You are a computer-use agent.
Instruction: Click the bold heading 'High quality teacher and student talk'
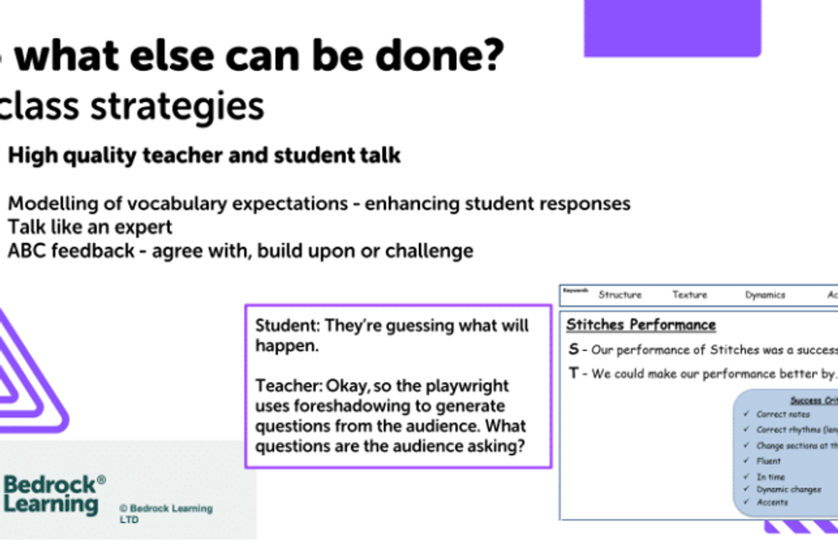coord(204,155)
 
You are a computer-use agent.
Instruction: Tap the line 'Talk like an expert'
coord(91,227)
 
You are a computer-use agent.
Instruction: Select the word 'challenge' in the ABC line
coord(435,251)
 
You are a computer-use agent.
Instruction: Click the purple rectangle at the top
coord(672,27)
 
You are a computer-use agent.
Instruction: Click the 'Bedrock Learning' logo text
coord(52,494)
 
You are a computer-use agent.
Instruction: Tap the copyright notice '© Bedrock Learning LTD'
coord(165,513)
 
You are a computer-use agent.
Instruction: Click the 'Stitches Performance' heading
coord(641,324)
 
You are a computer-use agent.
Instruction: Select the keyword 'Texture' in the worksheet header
coord(690,295)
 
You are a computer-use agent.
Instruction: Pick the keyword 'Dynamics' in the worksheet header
coord(765,295)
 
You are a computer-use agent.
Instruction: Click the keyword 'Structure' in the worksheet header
coord(620,295)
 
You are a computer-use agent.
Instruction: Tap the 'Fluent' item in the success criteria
coord(768,461)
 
